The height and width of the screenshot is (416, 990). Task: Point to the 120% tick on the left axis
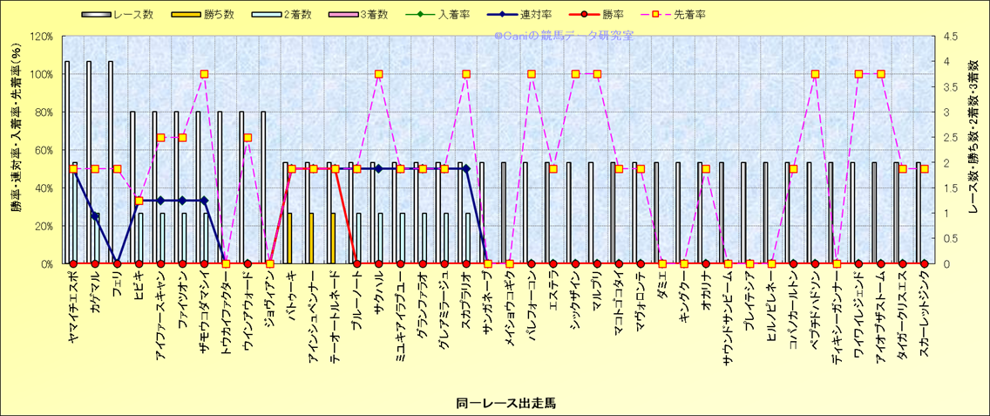(41, 37)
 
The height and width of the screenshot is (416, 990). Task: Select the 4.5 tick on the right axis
(945, 37)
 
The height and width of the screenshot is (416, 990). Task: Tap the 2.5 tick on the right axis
(945, 138)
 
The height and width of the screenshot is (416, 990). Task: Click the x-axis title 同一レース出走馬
(494, 403)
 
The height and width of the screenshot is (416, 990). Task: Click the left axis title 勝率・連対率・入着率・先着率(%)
(15, 150)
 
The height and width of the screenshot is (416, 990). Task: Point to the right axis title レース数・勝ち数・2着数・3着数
(974, 150)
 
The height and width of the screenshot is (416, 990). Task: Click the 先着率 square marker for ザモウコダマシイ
(204, 74)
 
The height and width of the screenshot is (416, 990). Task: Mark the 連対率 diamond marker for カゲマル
(95, 215)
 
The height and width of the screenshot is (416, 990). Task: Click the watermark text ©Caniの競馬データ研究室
(564, 36)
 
